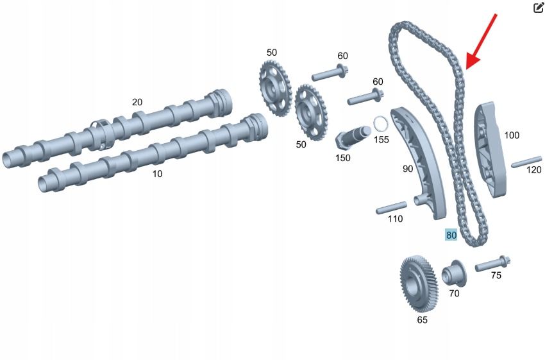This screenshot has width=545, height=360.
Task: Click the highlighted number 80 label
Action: pos(451,236)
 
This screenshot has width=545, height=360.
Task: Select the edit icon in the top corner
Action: pos(539,8)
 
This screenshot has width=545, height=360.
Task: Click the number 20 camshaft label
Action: pos(137,102)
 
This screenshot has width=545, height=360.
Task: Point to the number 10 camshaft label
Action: pos(157,174)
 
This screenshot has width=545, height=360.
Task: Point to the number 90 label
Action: pos(408,169)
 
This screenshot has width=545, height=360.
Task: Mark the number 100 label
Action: pos(512,135)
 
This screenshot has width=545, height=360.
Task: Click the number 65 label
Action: pos(423,319)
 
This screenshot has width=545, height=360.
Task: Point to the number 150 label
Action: pos(344,157)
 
